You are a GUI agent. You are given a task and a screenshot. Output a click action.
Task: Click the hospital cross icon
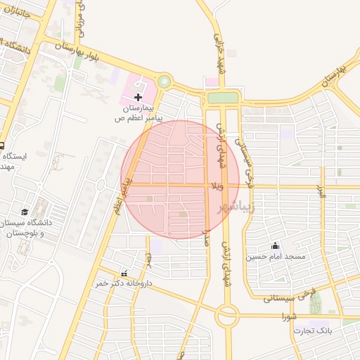click(x=138, y=96)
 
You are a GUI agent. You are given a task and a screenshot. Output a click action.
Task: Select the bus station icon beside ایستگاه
click(x=2, y=139)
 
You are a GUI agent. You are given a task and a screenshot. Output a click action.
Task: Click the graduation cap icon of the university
click(x=25, y=212)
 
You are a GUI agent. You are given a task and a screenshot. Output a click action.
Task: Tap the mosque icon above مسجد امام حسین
click(x=275, y=246)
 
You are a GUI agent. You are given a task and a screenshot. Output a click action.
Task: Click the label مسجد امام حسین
click(x=276, y=257)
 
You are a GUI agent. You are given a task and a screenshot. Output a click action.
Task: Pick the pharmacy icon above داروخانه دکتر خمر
click(x=124, y=274)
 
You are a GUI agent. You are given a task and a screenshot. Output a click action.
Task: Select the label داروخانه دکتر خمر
click(x=124, y=283)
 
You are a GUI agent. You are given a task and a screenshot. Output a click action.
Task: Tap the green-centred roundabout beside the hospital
click(x=165, y=82)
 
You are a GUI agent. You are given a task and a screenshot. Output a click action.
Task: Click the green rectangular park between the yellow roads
click(x=223, y=98)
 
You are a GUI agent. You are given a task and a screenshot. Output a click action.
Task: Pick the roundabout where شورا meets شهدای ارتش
click(x=227, y=316)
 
